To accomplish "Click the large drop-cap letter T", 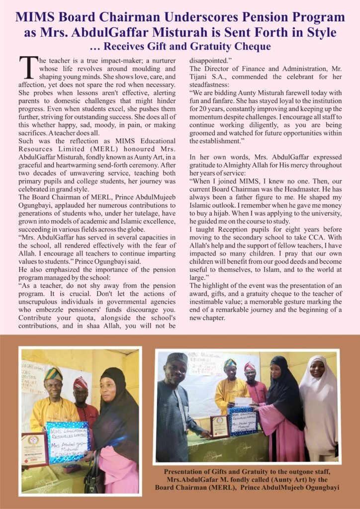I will (28, 67).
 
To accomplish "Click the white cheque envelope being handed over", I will (243, 401).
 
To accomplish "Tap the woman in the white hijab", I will (319, 408).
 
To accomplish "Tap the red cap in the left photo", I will (80, 382).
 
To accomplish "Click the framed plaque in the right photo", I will (220, 426).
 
